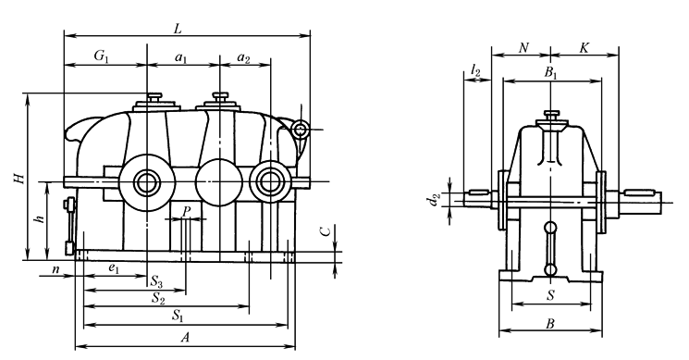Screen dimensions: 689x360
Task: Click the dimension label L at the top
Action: tap(178, 29)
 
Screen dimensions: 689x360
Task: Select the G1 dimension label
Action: tap(101, 56)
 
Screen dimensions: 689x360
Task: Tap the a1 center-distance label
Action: tap(181, 57)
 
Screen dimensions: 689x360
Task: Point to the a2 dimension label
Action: tap(243, 57)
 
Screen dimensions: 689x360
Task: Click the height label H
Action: tap(18, 178)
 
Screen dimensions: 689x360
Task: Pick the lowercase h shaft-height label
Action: tap(41, 217)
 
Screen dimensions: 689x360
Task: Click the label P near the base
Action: tap(186, 211)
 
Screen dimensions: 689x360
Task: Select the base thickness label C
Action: tap(326, 231)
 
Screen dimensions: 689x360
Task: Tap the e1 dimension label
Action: tap(114, 268)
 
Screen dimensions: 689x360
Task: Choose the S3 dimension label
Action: tap(157, 281)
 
